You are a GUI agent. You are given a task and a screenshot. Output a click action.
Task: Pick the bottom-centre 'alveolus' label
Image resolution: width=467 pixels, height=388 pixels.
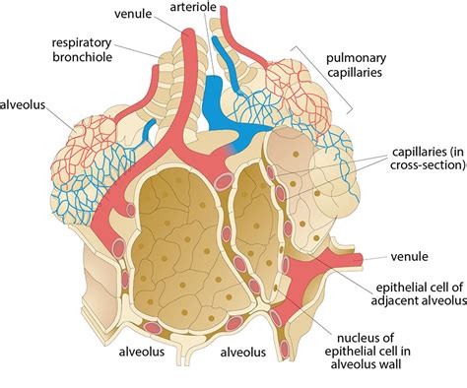click(x=243, y=352)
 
